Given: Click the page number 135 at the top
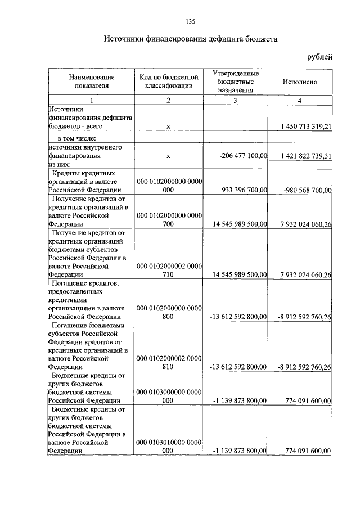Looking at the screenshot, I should click(x=190, y=22).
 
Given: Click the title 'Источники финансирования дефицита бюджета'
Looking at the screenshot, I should click(x=190, y=40).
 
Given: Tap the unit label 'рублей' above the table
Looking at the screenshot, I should click(x=319, y=57).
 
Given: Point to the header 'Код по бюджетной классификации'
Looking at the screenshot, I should click(x=168, y=82).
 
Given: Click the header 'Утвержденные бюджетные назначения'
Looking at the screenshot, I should click(x=236, y=82).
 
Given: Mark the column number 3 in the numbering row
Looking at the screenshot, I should click(x=236, y=100).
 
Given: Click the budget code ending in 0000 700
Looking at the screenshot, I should click(x=169, y=219).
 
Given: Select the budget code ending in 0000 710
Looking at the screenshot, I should click(x=169, y=271).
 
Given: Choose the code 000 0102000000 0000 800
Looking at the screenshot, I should click(x=169, y=312).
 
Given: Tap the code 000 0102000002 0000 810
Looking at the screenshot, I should click(x=169, y=363).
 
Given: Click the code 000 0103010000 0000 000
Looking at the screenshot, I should click(x=169, y=447).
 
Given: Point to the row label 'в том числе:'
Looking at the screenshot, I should click(x=76, y=138).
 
